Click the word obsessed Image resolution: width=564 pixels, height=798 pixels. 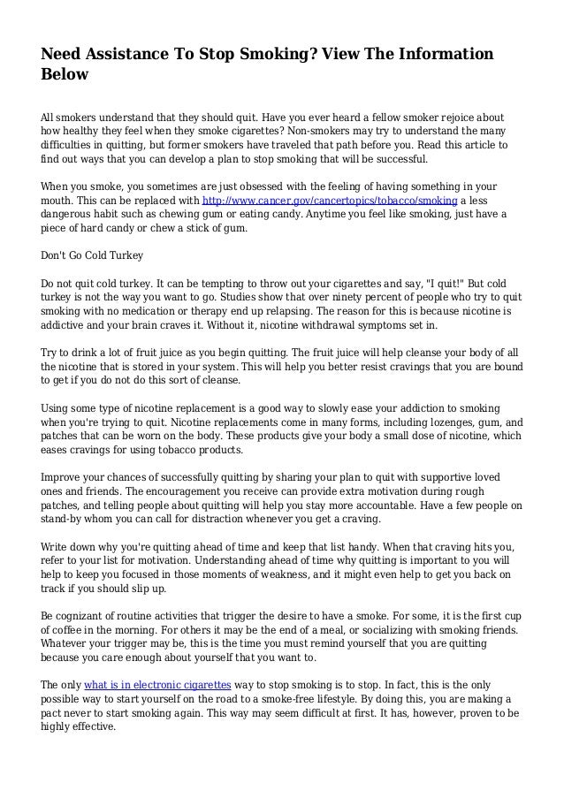point(252,187)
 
